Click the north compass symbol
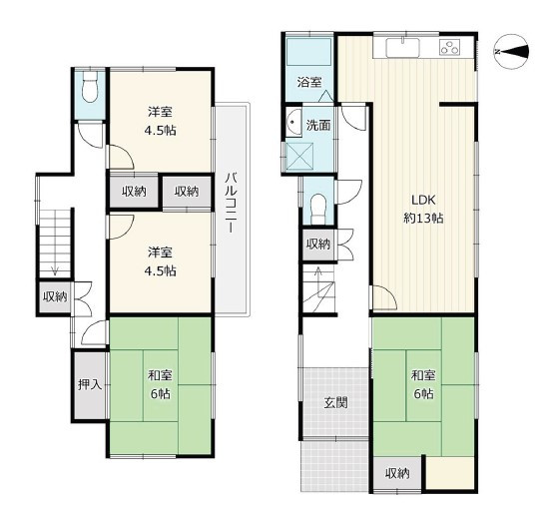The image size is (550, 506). pos(512,52)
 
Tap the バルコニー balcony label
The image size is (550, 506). pos(231,203)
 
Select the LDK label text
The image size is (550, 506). pos(423,201)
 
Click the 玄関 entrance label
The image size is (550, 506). pos(335,402)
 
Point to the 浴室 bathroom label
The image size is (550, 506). pos(309,83)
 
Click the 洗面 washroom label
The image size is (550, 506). pos(318,125)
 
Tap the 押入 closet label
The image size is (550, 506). pos(90,384)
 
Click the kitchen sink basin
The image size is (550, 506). pos(402,47)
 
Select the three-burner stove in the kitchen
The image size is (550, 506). pos(449,48)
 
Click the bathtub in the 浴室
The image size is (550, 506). pos(309,52)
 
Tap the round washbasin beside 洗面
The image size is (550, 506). pos(293,122)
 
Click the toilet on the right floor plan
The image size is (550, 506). pos(318,209)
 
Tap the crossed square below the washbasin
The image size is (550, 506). pos(299,157)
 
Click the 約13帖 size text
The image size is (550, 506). pos(423,219)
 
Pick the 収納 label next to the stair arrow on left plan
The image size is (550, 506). pos(55,297)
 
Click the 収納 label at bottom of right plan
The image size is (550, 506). pos(397,474)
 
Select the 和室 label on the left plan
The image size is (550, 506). pos(160,375)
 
